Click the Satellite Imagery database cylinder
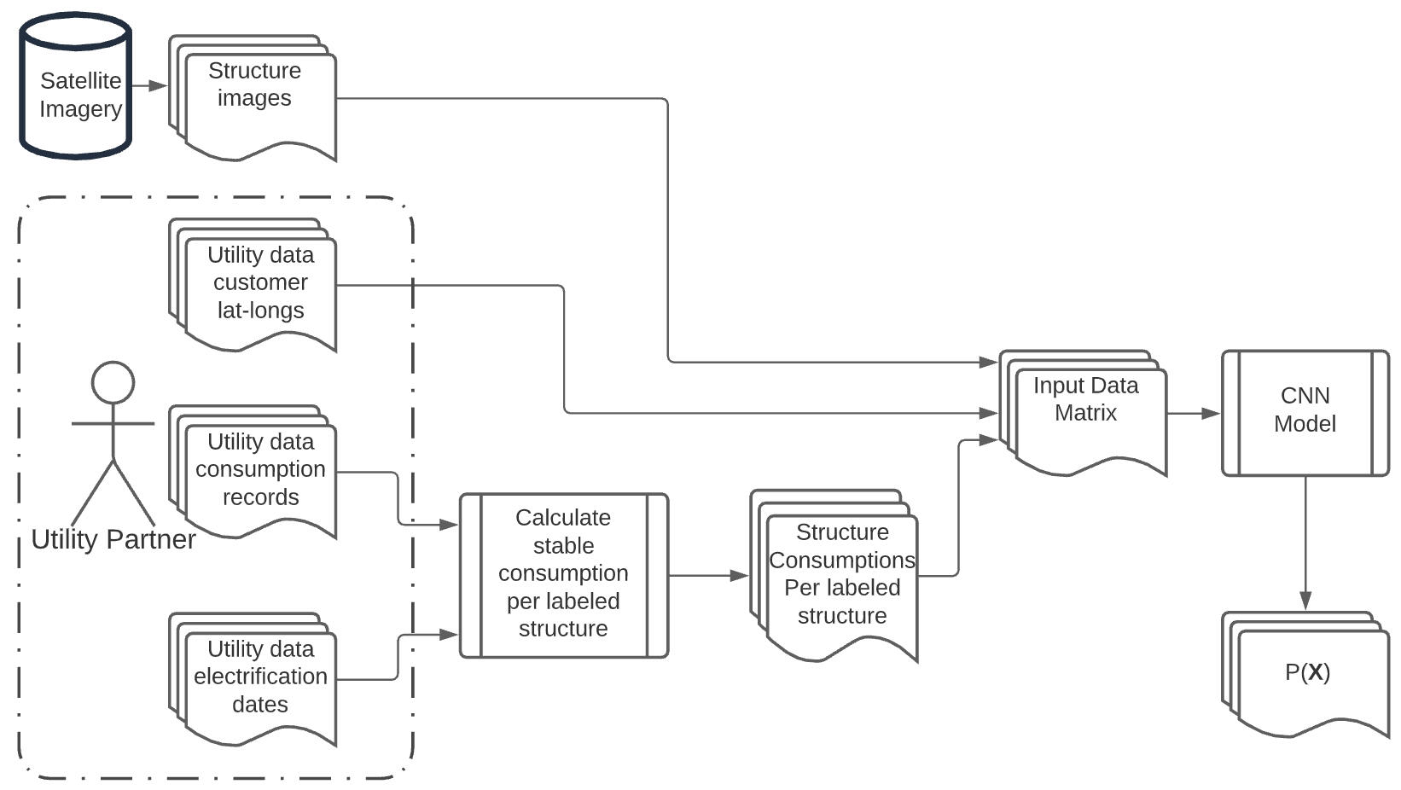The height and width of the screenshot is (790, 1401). coord(76,90)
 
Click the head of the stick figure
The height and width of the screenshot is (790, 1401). coord(113,382)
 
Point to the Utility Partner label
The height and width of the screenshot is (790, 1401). coord(113,539)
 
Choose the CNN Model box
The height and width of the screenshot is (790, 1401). coord(1305,411)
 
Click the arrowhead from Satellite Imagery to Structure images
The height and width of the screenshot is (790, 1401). coord(159,86)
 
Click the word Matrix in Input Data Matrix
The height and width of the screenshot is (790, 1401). coord(1085,413)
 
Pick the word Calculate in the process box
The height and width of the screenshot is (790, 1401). coord(563,518)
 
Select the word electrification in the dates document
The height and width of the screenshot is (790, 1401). coord(260,677)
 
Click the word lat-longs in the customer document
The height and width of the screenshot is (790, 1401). coord(260,311)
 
